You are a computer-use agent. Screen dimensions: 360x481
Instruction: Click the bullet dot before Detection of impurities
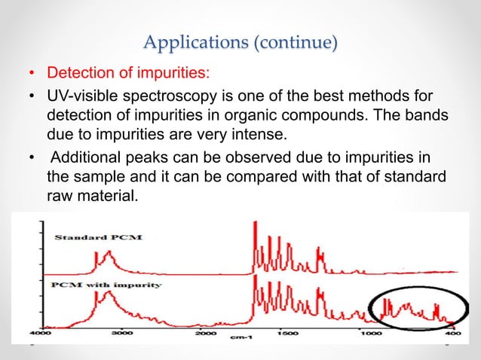pyautogui.click(x=31, y=75)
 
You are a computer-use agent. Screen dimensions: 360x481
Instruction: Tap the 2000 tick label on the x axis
pyautogui.click(x=204, y=333)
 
